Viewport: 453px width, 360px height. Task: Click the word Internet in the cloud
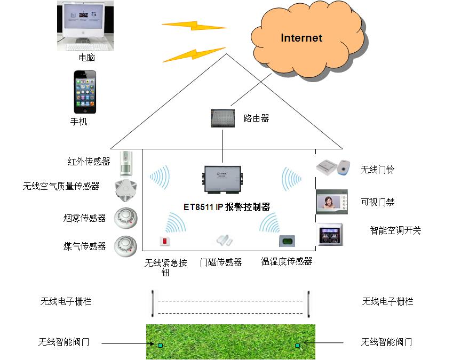click(301, 38)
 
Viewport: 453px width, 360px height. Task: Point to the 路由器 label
click(256, 118)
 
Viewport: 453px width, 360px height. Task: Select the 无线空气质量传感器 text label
click(61, 186)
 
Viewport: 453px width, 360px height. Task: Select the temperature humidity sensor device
click(287, 241)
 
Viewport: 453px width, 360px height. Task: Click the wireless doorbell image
click(332, 167)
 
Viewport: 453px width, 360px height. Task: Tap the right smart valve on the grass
click(297, 346)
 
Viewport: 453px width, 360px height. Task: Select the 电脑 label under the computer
click(86, 58)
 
